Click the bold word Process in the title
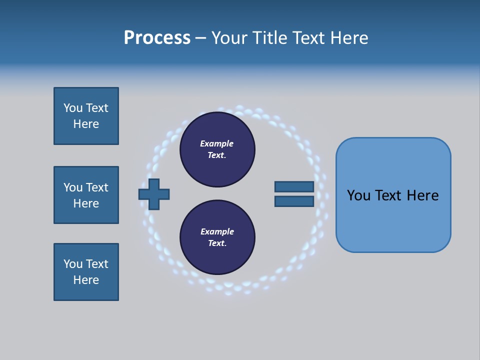[x=157, y=37]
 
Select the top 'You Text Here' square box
[x=86, y=116]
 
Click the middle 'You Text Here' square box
[x=86, y=195]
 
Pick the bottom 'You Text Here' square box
[x=86, y=272]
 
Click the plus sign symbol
[x=154, y=194]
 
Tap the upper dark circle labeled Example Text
[x=217, y=149]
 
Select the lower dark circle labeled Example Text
[x=217, y=237]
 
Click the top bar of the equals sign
[x=294, y=186]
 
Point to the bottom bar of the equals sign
[x=294, y=201]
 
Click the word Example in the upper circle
[x=217, y=143]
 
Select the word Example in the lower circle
[x=217, y=231]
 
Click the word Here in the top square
[x=86, y=124]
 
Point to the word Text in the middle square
[x=96, y=187]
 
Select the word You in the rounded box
[x=358, y=195]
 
